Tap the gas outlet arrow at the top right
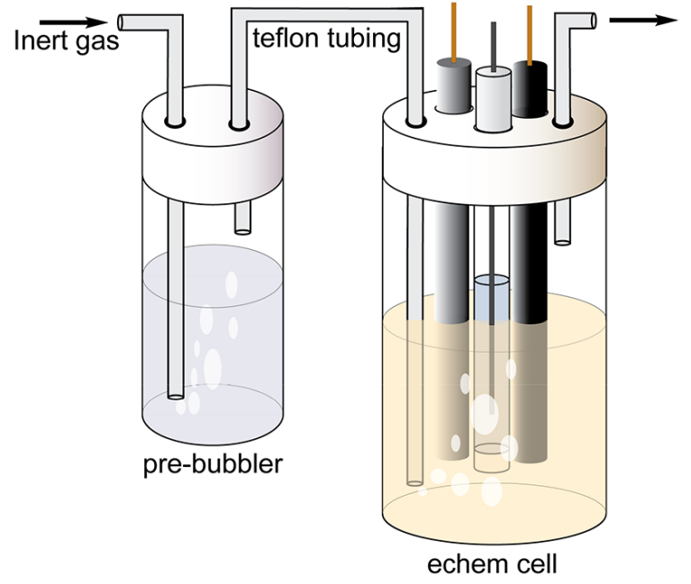click(644, 20)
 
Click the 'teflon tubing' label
click(326, 39)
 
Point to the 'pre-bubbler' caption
click(213, 464)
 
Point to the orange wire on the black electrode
click(530, 31)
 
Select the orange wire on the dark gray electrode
click(453, 27)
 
